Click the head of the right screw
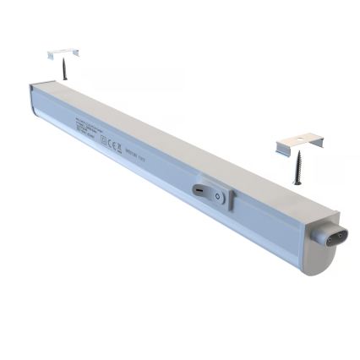[x=297, y=156]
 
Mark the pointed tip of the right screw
[x=296, y=183]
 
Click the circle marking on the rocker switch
[x=219, y=197]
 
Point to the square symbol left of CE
[x=105, y=141]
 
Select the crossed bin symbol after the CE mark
[x=126, y=150]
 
